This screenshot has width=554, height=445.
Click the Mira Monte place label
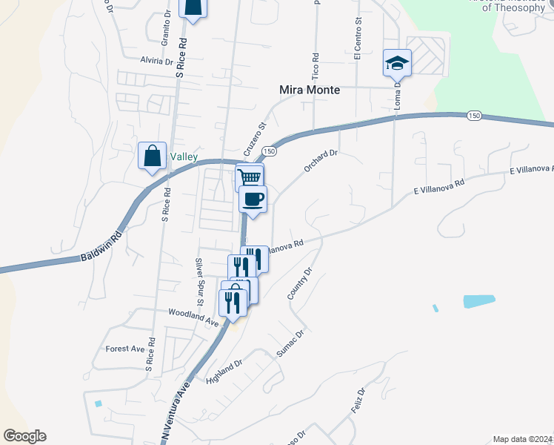tap(310, 90)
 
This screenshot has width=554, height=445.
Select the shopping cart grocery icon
tap(250, 177)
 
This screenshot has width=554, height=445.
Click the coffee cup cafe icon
tap(253, 199)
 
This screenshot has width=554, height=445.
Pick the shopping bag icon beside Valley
tap(152, 156)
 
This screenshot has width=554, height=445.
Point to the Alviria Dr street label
tap(157, 62)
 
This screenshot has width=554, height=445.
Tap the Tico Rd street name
tap(316, 66)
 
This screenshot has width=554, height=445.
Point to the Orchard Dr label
tap(321, 161)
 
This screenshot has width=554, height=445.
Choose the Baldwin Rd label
tap(100, 248)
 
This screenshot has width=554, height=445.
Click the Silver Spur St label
tap(199, 281)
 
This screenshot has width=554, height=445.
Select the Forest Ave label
tap(125, 349)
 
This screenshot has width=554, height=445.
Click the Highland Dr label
tap(225, 372)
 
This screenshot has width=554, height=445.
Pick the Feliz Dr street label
tap(356, 402)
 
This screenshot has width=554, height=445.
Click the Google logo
tap(24, 436)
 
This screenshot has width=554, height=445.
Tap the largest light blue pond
tap(479, 301)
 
